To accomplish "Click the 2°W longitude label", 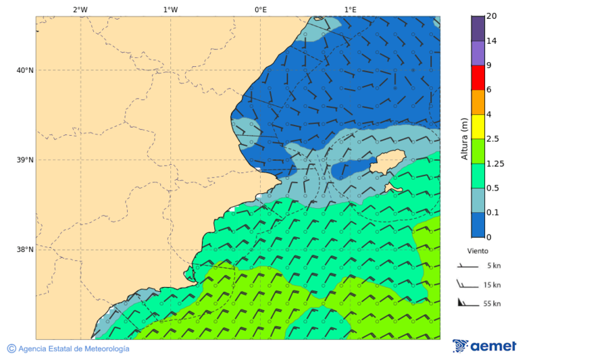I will click(80, 9).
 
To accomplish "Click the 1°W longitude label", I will click(170, 9).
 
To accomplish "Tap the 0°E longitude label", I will click(260, 9).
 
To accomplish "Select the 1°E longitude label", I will click(350, 9).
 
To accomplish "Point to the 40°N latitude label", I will click(25, 70).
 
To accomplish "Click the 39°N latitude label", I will click(25, 160).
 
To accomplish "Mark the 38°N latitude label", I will click(25, 250).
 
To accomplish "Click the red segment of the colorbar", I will click(478, 78).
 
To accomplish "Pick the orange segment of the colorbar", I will click(478, 102).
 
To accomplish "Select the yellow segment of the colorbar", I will click(478, 126).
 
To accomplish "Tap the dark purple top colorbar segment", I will click(478, 28).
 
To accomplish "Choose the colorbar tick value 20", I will click(492, 16).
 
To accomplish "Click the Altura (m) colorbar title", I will click(464, 138).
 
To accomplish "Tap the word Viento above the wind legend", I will click(478, 251).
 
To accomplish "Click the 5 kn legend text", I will click(494, 265).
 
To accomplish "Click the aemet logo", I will click(484, 346).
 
